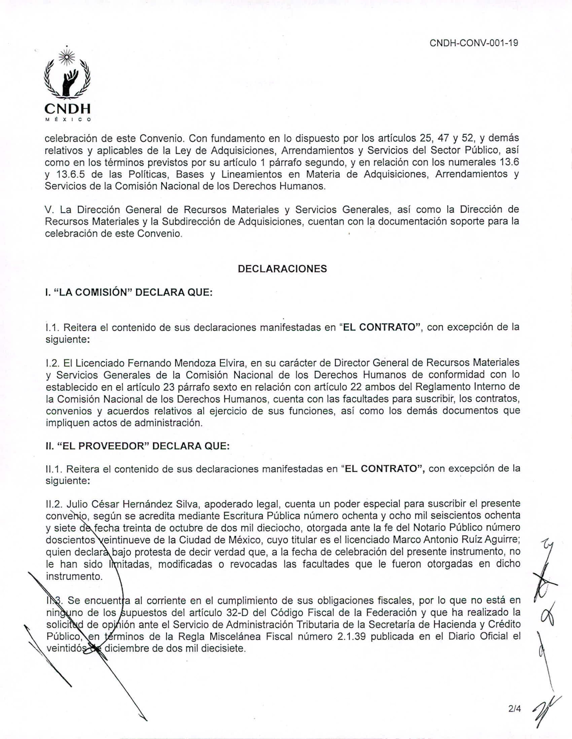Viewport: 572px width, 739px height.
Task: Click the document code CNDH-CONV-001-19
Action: pyautogui.click(x=474, y=43)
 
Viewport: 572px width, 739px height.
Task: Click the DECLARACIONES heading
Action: pyautogui.click(x=282, y=269)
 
